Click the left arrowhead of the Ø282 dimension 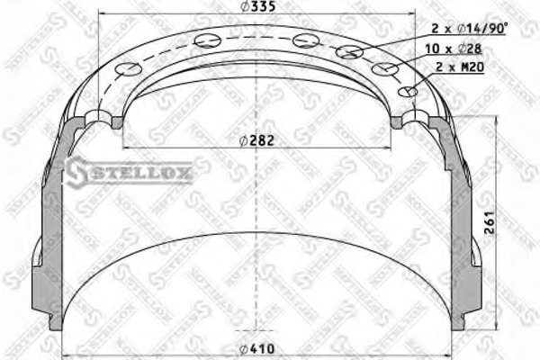pos(122,147)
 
